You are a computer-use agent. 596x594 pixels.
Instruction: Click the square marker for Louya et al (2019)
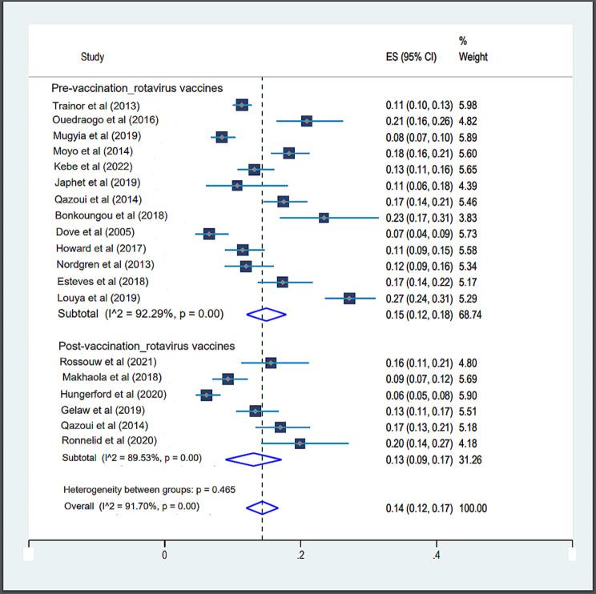(x=349, y=298)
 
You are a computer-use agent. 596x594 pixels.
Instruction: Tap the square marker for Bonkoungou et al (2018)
(x=324, y=217)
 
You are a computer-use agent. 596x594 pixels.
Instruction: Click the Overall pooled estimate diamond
(x=262, y=508)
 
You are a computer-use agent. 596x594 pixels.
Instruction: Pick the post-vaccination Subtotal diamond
(x=253, y=459)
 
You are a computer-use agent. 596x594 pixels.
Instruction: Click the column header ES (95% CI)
(x=411, y=58)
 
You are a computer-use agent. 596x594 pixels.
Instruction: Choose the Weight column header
(x=473, y=58)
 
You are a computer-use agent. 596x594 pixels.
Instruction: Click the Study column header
(x=92, y=58)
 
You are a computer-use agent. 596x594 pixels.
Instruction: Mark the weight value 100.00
(x=473, y=508)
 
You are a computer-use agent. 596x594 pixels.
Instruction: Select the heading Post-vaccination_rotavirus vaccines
(x=147, y=346)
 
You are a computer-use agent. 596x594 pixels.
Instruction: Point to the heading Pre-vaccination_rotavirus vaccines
(x=137, y=88)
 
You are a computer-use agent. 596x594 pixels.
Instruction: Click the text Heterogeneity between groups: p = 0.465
(x=149, y=489)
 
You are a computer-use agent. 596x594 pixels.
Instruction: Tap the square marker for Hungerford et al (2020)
(x=207, y=395)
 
